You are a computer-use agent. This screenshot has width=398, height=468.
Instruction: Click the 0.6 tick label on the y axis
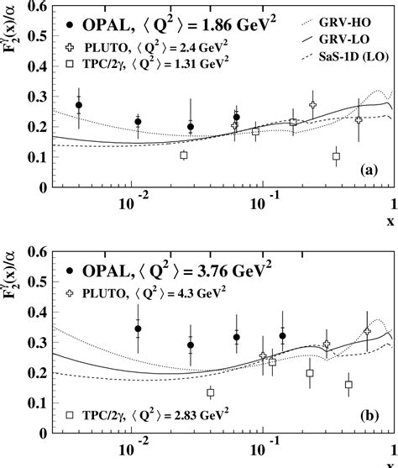click(38, 253)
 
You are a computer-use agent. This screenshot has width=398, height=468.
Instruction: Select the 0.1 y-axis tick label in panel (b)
click(38, 404)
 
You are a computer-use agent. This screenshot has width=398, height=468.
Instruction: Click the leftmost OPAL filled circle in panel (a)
click(79, 106)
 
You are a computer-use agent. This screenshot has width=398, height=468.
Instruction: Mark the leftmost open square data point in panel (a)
click(184, 155)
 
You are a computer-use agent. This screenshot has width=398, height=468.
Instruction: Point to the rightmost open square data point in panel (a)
click(337, 156)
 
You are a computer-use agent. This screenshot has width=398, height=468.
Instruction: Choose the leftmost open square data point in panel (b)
click(211, 392)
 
